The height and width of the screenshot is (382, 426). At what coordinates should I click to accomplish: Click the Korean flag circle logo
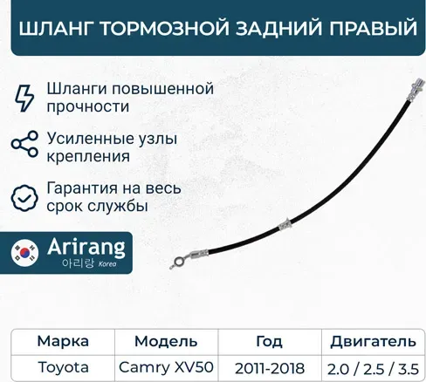(x=28, y=253)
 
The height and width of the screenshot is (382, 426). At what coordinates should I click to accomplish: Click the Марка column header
(x=61, y=341)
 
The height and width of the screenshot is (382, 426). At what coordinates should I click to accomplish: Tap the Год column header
(x=269, y=341)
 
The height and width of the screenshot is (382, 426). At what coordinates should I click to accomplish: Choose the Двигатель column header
(x=367, y=341)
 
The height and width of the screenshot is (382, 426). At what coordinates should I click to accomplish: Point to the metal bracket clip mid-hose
(x=284, y=225)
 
